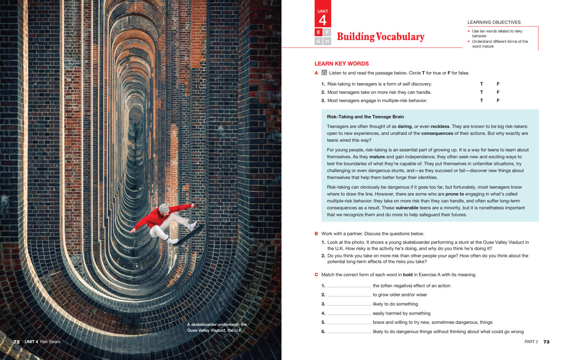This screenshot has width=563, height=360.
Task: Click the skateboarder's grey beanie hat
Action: (x=164, y=208)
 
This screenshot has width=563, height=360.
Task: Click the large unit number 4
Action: (x=323, y=20)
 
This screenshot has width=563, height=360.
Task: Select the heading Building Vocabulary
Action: (x=381, y=37)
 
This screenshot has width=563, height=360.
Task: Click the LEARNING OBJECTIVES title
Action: (x=494, y=22)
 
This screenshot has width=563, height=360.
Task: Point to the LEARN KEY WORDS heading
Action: (x=342, y=63)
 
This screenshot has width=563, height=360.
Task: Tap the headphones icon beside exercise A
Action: (x=324, y=72)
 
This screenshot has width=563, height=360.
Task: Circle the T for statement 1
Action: (x=482, y=84)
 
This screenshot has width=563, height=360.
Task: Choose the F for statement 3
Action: (x=498, y=100)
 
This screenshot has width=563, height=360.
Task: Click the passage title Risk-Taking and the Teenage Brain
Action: (x=365, y=117)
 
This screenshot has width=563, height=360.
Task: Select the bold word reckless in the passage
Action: (x=440, y=127)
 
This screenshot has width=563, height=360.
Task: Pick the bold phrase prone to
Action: (x=455, y=194)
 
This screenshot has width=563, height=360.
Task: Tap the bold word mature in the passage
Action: (x=377, y=157)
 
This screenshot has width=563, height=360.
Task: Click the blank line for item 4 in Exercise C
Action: (x=349, y=314)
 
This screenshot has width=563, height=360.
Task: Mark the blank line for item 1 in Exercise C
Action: (x=349, y=286)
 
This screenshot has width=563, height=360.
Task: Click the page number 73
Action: (x=546, y=342)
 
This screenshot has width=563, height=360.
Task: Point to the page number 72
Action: (x=17, y=342)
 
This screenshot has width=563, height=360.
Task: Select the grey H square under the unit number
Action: (x=327, y=41)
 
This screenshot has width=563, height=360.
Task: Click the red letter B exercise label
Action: (x=316, y=233)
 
